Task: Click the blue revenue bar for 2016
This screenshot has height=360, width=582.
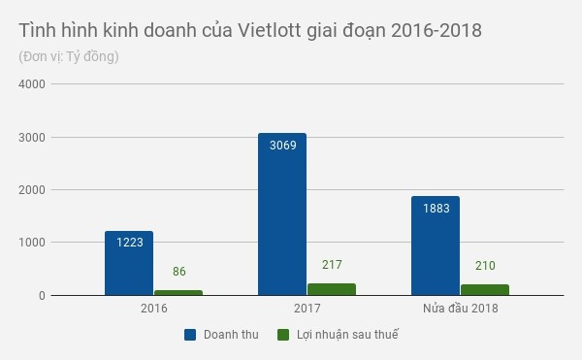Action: point(129,263)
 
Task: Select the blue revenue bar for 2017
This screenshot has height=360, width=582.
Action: point(282,214)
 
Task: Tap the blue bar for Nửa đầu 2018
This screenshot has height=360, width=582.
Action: point(436,245)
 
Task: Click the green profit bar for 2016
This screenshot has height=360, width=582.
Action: point(178,292)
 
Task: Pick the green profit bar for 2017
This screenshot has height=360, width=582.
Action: point(332,289)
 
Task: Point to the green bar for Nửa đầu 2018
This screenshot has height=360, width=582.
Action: point(485,289)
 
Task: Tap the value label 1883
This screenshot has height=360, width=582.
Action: point(436,210)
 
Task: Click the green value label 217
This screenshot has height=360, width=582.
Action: point(332,265)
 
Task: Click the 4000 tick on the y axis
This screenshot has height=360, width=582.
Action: point(33,84)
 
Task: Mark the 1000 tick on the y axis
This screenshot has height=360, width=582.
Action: point(33,243)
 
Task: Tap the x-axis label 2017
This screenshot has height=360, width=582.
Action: point(307,309)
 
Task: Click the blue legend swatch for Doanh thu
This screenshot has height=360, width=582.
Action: point(191,335)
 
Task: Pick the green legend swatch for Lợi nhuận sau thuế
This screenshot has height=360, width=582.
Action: point(284,335)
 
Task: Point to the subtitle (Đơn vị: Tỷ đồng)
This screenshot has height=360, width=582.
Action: point(68,56)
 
